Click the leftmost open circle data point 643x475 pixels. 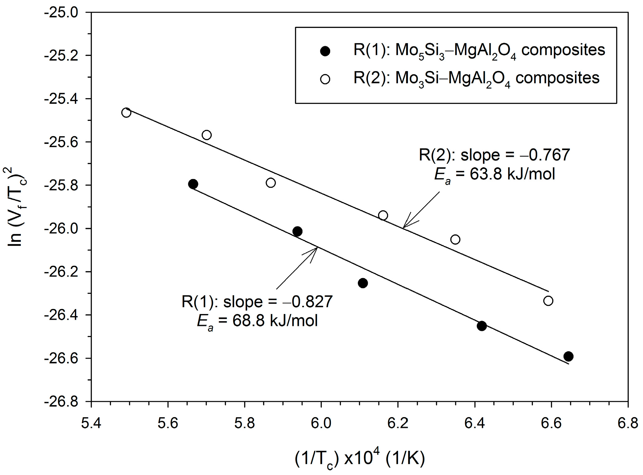point(126,113)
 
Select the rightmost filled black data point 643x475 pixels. point(568,356)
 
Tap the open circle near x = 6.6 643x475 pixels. point(548,301)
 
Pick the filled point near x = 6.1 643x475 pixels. point(363,283)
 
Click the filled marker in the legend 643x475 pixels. point(325,51)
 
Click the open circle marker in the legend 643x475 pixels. point(325,79)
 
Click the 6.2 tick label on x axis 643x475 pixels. point(398,423)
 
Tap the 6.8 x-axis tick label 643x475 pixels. point(628,423)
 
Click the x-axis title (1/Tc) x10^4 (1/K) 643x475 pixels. point(360,458)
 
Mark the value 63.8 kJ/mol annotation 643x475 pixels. point(494,174)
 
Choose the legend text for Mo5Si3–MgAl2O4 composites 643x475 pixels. point(479,50)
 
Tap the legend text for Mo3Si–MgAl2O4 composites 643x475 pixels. point(476,78)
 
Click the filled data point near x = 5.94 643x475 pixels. point(297,231)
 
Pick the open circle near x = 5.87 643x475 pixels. point(271,182)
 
